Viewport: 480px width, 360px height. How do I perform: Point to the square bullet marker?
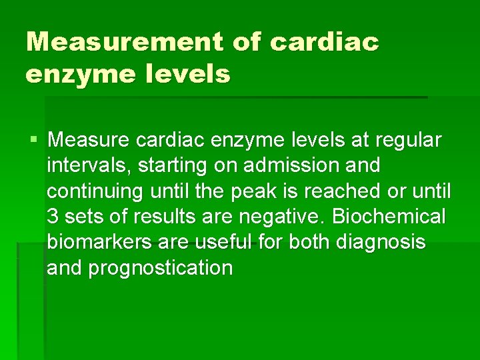click(x=34, y=141)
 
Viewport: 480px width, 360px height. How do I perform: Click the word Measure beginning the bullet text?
click(x=89, y=141)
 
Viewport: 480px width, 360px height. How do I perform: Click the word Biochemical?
click(x=389, y=217)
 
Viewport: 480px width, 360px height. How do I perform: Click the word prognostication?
click(x=161, y=268)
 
